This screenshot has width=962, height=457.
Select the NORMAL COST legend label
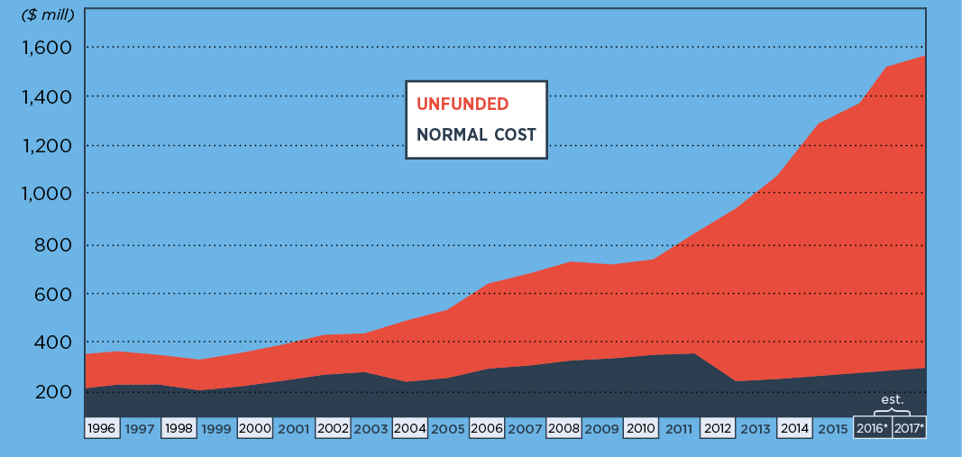pos(476,135)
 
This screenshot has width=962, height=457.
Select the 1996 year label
pos(103,428)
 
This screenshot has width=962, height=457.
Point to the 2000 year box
pos(256,428)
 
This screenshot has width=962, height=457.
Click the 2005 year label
pos(448,428)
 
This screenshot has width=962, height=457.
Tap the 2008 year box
pos(563,428)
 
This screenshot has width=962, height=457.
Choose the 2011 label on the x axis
pos(679,428)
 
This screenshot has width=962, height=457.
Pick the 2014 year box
pos(794,428)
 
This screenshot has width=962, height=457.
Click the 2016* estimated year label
pos(872,428)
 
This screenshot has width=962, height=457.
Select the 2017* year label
pos(909,428)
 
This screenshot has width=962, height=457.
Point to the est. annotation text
pos(892,398)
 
